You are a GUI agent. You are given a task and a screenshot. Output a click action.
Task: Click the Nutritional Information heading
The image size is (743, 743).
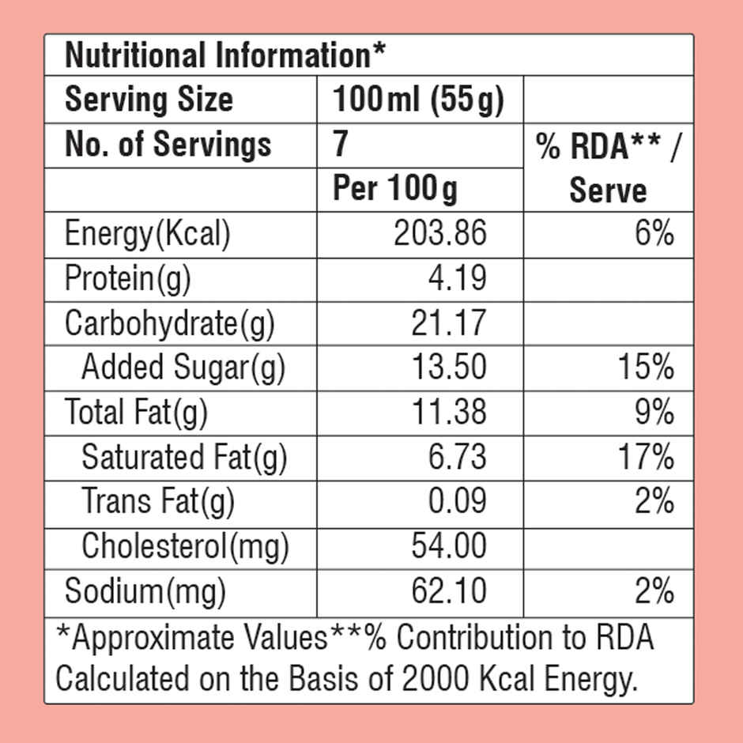pyautogui.click(x=225, y=55)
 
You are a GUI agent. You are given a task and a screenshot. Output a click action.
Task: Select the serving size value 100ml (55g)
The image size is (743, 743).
pyautogui.click(x=418, y=100)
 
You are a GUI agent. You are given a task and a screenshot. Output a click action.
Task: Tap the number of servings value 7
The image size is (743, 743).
pyautogui.click(x=340, y=144)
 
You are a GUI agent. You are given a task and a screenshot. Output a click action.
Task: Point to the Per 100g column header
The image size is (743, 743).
pyautogui.click(x=395, y=189)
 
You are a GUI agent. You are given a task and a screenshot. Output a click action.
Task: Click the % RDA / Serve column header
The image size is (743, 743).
pyautogui.click(x=609, y=168)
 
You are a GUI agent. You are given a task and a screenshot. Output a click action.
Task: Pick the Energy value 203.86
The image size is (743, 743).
pyautogui.click(x=440, y=233)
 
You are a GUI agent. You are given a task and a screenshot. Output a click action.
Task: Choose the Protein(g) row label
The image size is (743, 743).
pyautogui.click(x=127, y=279)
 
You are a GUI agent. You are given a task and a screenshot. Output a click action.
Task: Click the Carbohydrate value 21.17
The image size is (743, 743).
pyautogui.click(x=449, y=323)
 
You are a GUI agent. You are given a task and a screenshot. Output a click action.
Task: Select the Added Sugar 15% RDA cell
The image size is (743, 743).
pyautogui.click(x=646, y=367)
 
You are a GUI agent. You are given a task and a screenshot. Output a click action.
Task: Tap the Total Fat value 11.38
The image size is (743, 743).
pyautogui.click(x=449, y=411)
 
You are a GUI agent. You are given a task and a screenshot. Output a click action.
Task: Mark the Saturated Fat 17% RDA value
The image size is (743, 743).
pyautogui.click(x=646, y=456)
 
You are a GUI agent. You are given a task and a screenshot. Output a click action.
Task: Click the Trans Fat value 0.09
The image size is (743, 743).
pyautogui.click(x=458, y=501)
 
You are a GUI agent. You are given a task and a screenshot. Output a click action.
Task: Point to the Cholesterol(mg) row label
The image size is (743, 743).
pyautogui.click(x=185, y=547)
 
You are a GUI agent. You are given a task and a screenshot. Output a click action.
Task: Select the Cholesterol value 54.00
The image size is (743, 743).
pyautogui.click(x=449, y=545)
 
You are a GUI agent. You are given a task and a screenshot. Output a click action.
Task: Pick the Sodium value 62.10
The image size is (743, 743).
pyautogui.click(x=449, y=591)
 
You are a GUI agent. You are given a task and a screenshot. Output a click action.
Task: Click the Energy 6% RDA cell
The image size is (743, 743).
pyautogui.click(x=654, y=232)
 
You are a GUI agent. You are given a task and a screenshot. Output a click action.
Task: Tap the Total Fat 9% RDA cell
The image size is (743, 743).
pyautogui.click(x=654, y=411)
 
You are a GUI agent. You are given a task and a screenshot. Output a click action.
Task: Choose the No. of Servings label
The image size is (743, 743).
pyautogui.click(x=168, y=144)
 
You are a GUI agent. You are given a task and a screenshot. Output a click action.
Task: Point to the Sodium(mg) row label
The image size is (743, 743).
pyautogui.click(x=145, y=592)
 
